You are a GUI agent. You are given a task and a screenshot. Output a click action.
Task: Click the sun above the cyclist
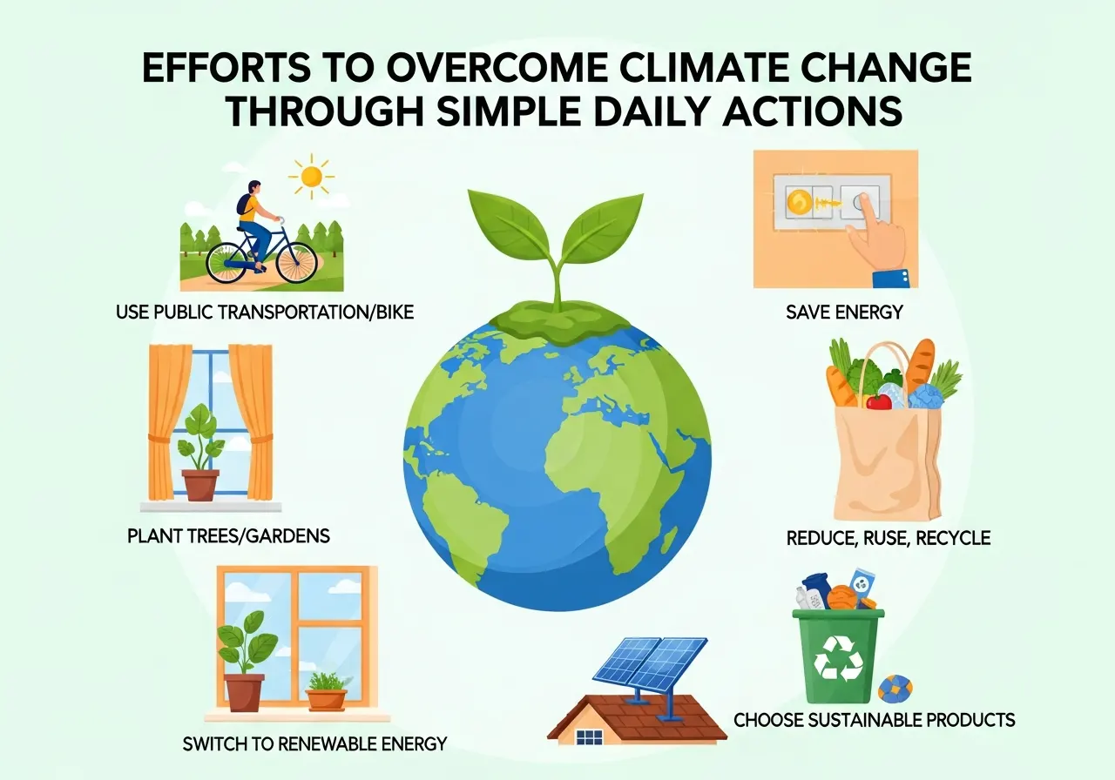point(312,176)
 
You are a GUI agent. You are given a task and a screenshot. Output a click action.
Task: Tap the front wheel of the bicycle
point(297,262)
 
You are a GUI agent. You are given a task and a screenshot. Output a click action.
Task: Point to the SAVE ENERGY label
point(844,313)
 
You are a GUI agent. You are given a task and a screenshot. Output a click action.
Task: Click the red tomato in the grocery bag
point(879,401)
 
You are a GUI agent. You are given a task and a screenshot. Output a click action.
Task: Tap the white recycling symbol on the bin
point(838,658)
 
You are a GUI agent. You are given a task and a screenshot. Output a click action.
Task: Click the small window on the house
point(590,736)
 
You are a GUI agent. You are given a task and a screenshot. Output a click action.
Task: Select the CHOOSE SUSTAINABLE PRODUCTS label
point(874,720)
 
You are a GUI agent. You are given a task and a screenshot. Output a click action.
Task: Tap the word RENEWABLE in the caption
point(325,744)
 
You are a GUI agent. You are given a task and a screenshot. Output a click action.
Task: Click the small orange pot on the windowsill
point(326,699)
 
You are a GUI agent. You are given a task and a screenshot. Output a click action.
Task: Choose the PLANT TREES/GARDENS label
point(228,535)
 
